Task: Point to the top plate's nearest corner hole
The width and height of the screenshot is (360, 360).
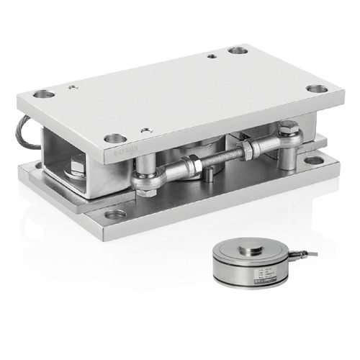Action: pyautogui.click(x=111, y=138)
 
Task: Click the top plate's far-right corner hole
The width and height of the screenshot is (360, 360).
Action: pyautogui.click(x=236, y=51)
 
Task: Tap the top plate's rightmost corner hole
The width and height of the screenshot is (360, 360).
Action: pyautogui.click(x=316, y=89)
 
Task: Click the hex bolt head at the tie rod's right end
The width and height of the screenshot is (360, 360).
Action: pyautogui.click(x=289, y=131)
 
